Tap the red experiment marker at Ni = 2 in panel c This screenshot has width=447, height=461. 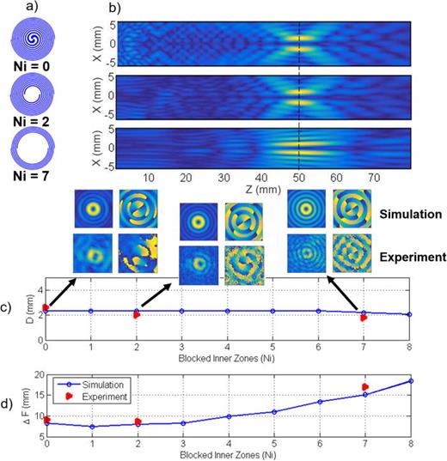pos(136,315)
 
